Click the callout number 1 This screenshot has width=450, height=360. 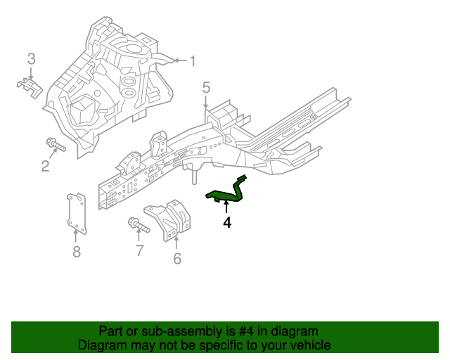click(x=192, y=61)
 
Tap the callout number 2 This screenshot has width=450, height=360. click(x=45, y=166)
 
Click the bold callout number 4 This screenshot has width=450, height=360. click(x=226, y=223)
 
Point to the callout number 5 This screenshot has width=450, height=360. click(x=206, y=88)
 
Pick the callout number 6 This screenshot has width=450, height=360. click(x=177, y=259)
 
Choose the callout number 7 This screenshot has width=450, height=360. click(x=139, y=250)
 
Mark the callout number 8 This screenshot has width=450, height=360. click(x=77, y=252)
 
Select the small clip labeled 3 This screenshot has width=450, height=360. click(x=30, y=86)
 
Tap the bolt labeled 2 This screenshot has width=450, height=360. click(x=55, y=146)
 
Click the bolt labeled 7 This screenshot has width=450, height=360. click(x=139, y=226)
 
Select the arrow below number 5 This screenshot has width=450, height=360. click(x=206, y=103)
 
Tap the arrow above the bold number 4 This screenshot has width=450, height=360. click(x=226, y=207)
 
